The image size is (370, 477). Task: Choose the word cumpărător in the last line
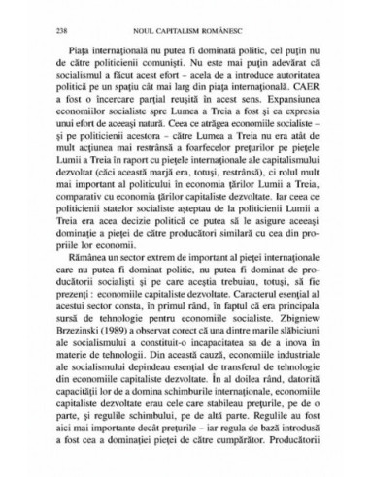[243, 451]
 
